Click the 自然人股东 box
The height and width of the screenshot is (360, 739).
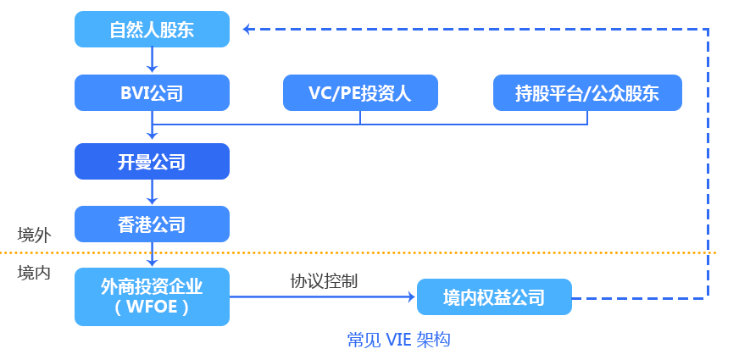(x=152, y=30)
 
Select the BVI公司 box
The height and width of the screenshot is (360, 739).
(x=152, y=92)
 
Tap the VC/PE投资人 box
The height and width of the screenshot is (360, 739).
(x=360, y=92)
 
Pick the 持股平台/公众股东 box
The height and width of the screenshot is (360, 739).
(x=587, y=92)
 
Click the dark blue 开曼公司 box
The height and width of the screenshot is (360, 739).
(x=152, y=161)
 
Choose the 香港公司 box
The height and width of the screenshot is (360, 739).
(x=152, y=224)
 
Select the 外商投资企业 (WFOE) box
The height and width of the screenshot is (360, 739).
(x=152, y=296)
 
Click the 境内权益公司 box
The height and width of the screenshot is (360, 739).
(x=494, y=297)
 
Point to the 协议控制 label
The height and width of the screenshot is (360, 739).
(x=324, y=281)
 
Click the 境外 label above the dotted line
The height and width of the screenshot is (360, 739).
(x=34, y=235)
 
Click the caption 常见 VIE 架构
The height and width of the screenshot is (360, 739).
(x=398, y=340)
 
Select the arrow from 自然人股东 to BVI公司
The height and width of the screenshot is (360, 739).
(x=152, y=60)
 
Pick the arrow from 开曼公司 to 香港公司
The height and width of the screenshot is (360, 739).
(x=152, y=192)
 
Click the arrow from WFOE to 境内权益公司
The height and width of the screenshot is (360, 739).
(x=322, y=297)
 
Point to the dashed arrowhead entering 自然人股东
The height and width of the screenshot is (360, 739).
(x=247, y=30)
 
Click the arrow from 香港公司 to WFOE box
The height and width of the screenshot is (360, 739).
(x=152, y=255)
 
